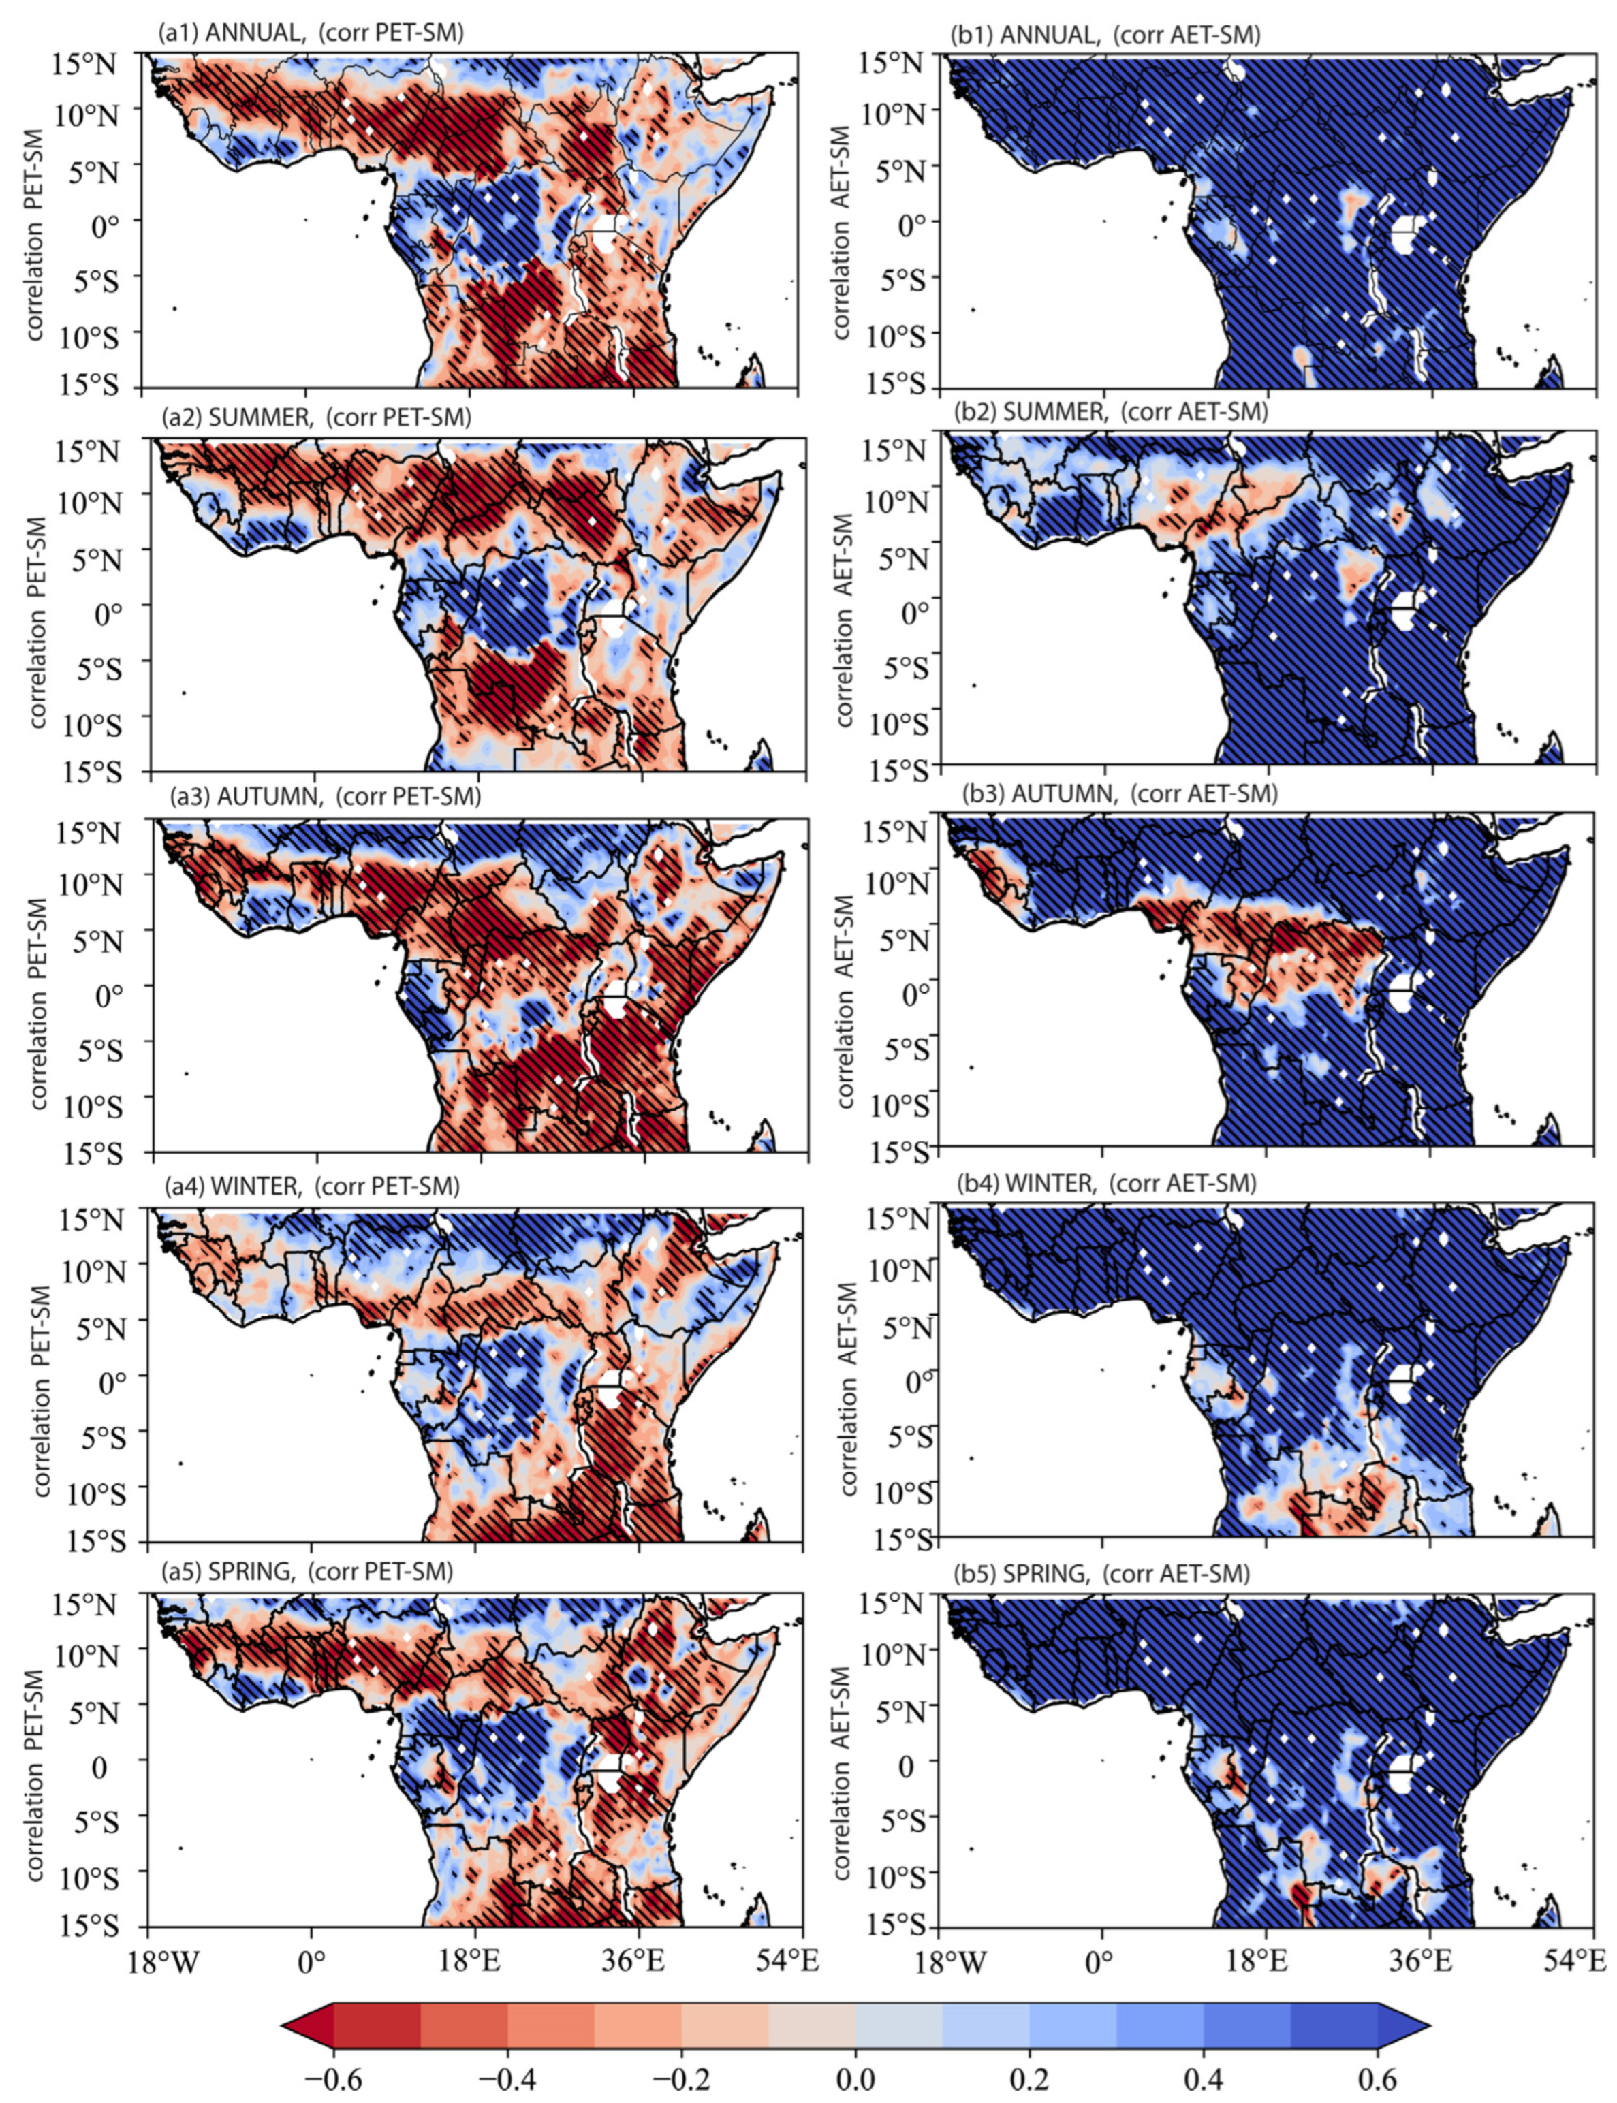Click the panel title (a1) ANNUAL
pyautogui.click(x=311, y=32)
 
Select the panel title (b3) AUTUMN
pyautogui.click(x=1118, y=794)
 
